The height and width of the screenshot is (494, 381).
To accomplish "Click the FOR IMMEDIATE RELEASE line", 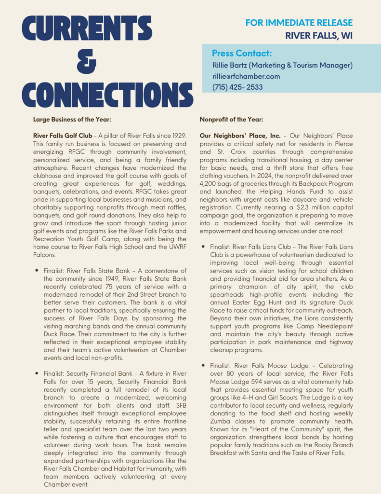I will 299,23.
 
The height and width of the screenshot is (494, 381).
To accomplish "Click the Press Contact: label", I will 242,53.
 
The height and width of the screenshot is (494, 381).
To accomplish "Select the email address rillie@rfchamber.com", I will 246,76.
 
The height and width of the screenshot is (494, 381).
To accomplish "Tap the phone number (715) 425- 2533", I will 237,87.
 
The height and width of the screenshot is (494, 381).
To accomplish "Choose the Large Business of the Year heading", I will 72,119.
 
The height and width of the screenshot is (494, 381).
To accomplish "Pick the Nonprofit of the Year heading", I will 231,119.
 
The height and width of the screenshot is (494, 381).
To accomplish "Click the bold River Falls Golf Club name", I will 61,136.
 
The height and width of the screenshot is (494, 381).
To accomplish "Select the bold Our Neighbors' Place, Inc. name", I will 240,136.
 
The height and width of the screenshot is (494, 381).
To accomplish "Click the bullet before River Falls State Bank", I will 37,271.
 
